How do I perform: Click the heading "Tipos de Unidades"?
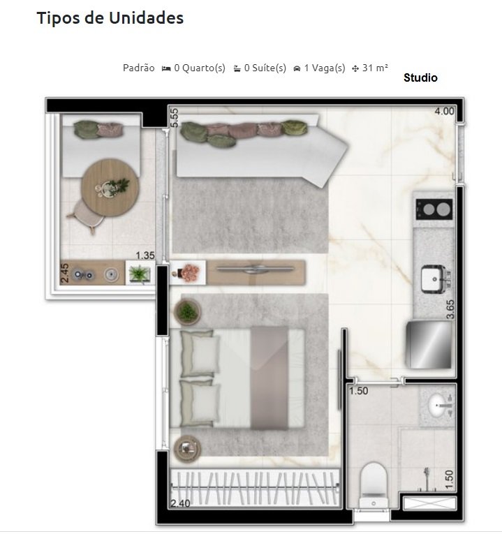110,18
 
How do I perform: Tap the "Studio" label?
420,78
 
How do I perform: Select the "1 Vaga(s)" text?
325,68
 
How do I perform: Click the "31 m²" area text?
375,68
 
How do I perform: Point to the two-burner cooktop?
434,209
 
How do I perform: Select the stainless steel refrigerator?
429,344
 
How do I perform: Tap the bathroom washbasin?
440,404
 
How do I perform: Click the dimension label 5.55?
175,117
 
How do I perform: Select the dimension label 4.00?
444,111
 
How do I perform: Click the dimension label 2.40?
180,503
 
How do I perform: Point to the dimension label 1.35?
145,255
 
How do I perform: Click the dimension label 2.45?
65,273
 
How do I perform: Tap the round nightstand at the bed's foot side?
187,448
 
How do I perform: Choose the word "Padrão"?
138,68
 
